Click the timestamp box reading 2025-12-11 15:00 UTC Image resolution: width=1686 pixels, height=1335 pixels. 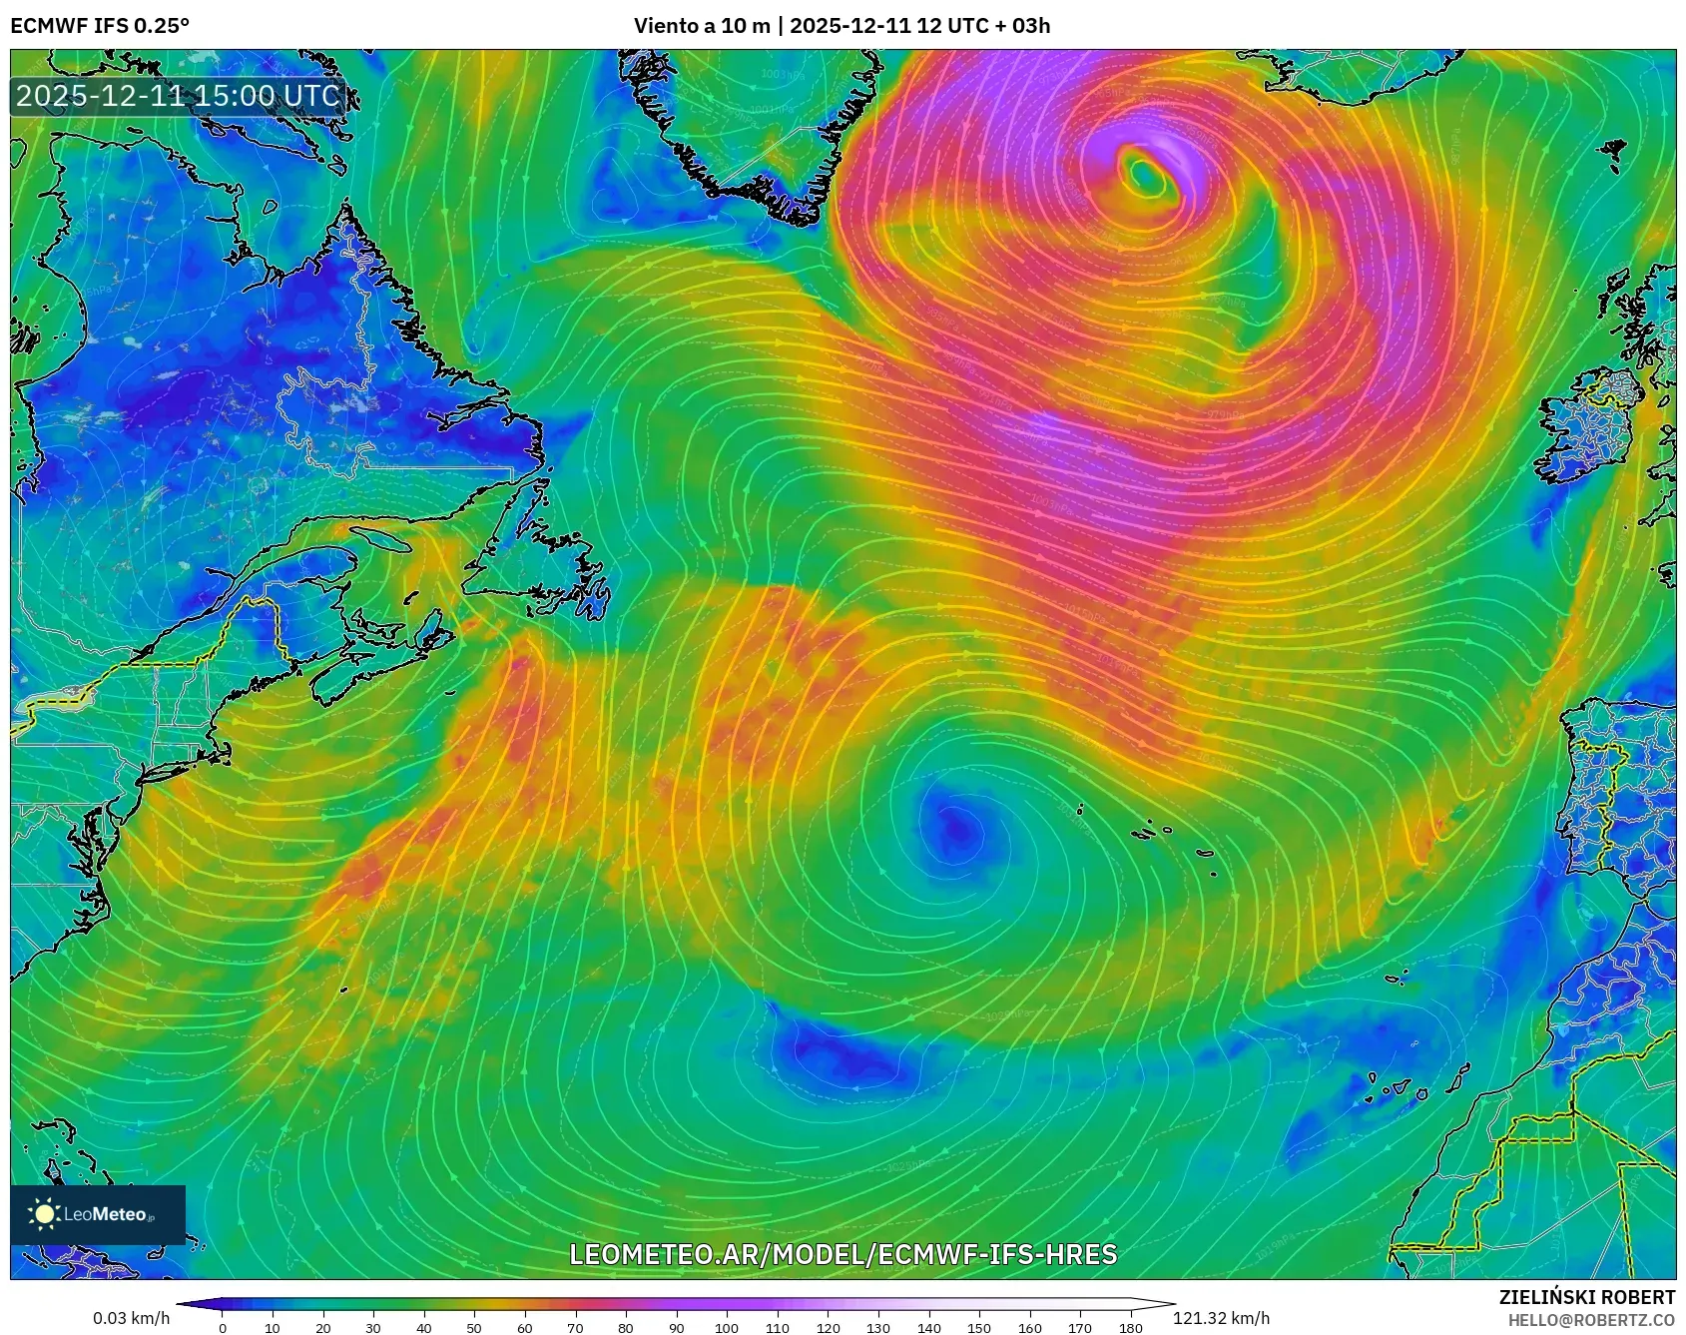179,96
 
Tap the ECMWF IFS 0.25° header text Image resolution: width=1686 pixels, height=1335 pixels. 100,26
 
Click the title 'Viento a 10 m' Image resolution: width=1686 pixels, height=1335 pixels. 701,26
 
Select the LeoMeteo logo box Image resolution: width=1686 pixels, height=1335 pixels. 98,1214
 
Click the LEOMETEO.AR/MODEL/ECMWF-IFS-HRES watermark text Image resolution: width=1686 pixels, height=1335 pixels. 843,1254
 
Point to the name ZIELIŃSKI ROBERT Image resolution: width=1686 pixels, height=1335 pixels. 1586,1297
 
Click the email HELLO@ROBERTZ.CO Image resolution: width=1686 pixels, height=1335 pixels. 1590,1320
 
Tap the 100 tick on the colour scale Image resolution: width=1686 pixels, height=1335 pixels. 727,1328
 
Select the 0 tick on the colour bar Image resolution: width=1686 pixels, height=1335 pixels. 223,1328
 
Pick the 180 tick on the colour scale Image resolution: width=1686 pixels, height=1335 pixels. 1131,1328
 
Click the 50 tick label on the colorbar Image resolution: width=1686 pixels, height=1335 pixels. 474,1328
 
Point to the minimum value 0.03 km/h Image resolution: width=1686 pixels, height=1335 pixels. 132,1318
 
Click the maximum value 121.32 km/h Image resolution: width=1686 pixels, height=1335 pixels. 1221,1318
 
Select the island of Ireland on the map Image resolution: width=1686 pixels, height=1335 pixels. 1587,424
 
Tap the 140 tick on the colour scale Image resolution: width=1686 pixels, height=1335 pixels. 928,1328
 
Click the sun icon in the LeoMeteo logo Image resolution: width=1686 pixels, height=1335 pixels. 45,1214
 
